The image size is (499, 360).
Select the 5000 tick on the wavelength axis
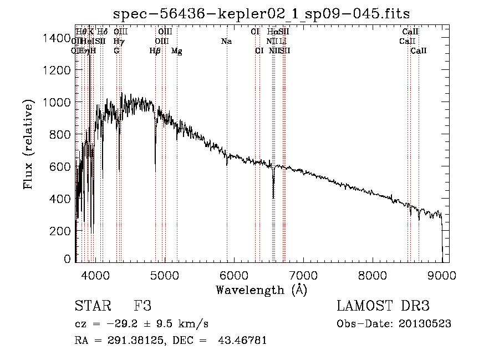[164, 274]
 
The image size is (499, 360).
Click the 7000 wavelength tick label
[303, 274]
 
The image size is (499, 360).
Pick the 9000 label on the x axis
[442, 274]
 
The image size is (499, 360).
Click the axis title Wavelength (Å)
[261, 290]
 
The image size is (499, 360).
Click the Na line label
[226, 42]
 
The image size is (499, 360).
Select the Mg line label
[177, 51]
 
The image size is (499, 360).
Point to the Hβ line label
[155, 51]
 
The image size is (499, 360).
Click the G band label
[116, 51]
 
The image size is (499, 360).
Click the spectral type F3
[142, 306]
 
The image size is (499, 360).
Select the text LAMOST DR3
[383, 306]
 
